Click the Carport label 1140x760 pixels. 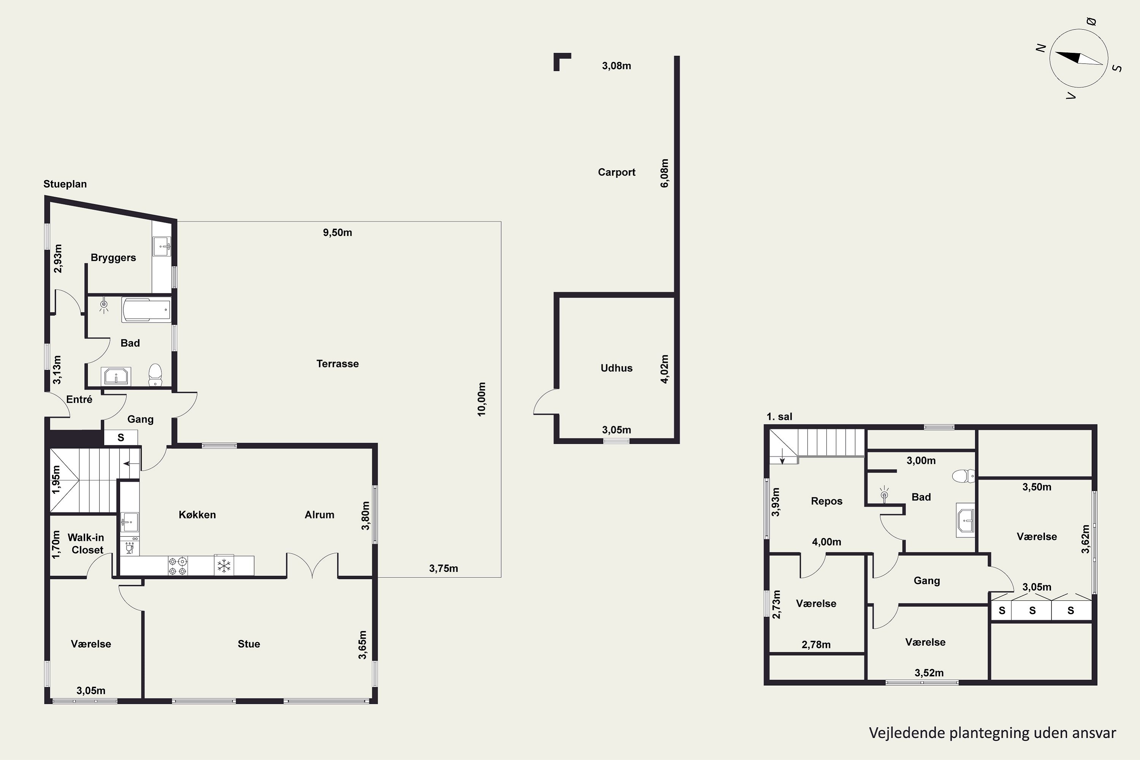(x=616, y=172)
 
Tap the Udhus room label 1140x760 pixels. (x=616, y=368)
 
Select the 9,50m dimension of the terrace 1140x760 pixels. (x=337, y=233)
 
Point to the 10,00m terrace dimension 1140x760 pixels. (x=481, y=399)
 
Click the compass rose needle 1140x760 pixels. (x=1079, y=58)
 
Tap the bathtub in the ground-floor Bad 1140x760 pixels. (x=146, y=310)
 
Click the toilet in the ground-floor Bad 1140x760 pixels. (x=155, y=375)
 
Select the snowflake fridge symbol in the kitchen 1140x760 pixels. (x=224, y=566)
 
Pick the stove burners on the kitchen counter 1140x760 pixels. (x=177, y=566)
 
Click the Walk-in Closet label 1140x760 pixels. (x=86, y=544)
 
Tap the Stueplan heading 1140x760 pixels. (x=65, y=184)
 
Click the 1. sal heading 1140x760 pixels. (x=779, y=417)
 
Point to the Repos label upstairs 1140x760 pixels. (x=826, y=501)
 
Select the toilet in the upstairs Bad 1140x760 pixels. (x=964, y=476)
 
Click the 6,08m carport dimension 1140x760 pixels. (x=665, y=173)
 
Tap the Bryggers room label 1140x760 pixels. (x=113, y=258)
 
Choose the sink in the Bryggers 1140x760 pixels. (x=162, y=246)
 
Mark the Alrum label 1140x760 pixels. (x=320, y=515)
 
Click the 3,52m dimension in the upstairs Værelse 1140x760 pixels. (x=929, y=673)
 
